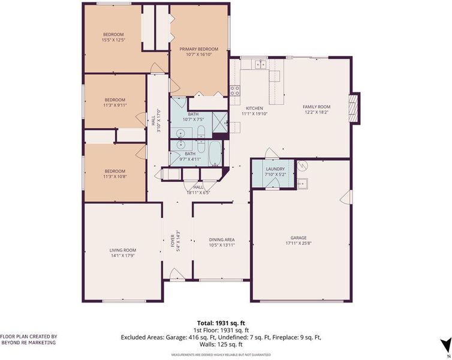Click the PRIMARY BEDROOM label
198,49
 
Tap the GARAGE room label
299,238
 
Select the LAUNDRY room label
275,169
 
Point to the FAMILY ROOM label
317,107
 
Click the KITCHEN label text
254,108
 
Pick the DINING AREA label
222,240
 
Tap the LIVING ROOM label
123,250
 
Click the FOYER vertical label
173,241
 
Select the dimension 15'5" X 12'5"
113,40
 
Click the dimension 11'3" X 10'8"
115,176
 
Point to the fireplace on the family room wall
354,108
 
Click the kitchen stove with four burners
234,91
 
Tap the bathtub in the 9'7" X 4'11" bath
215,153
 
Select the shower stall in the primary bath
220,122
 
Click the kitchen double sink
261,64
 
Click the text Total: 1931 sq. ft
221,323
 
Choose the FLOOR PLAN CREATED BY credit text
29,337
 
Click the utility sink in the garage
302,184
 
